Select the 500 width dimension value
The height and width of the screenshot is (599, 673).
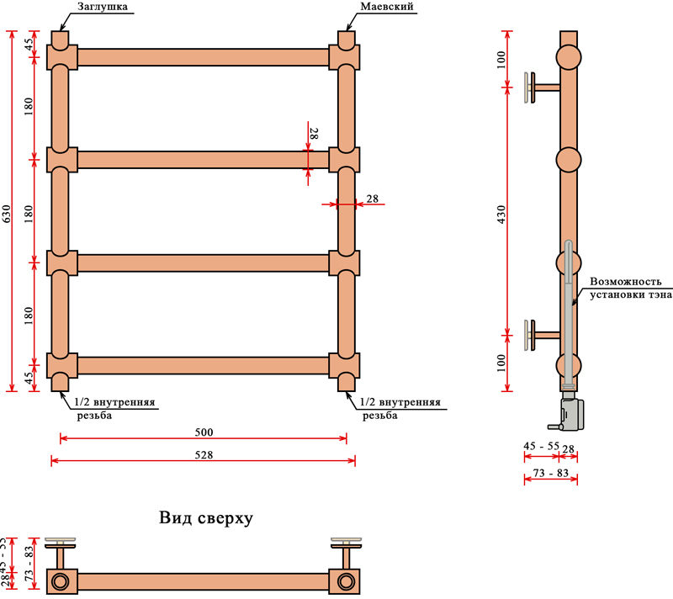point(204,432)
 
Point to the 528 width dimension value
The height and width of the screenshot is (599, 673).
point(204,454)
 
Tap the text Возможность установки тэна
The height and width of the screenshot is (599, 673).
point(632,289)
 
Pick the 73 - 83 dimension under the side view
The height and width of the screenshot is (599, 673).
point(551,474)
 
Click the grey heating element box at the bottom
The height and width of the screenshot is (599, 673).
point(571,410)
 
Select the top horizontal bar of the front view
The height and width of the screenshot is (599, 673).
point(203,57)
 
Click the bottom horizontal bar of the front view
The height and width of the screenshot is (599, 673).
point(203,365)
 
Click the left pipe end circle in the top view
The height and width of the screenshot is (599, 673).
point(61,581)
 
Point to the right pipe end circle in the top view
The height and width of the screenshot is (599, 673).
point(346,581)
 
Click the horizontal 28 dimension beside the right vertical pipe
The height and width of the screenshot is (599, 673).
point(372,199)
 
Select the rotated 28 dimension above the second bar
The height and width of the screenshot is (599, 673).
point(313,133)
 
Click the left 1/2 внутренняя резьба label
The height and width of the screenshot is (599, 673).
point(115,408)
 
